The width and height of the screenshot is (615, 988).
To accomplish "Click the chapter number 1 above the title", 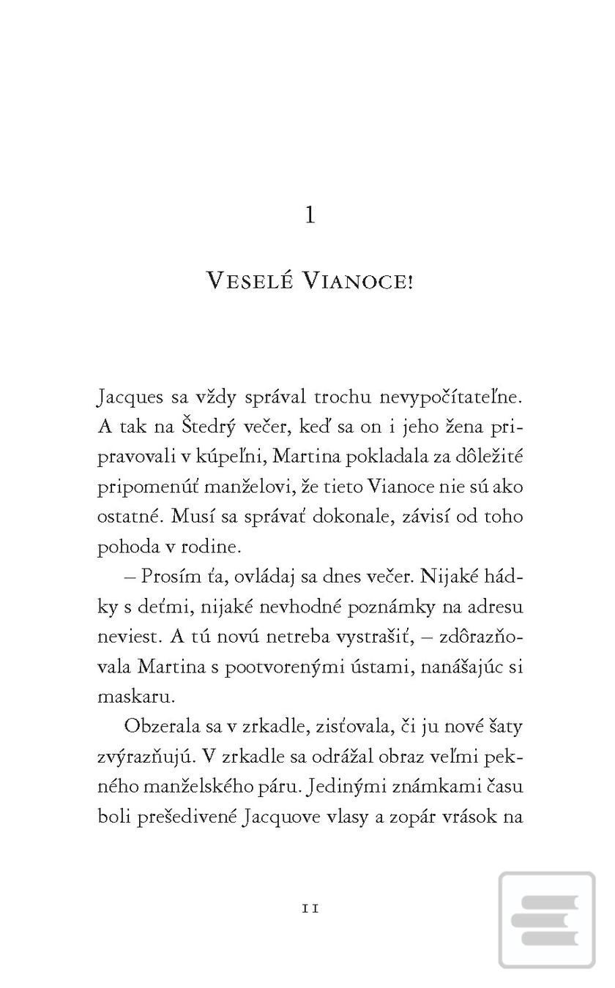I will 310,216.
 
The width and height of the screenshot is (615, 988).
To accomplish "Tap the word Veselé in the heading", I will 248,281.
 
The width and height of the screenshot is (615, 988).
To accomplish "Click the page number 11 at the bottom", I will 310,908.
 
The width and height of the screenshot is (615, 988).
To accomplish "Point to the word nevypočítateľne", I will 452,397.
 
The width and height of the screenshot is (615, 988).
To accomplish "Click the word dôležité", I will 487,457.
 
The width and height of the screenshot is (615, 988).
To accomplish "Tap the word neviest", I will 128,636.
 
